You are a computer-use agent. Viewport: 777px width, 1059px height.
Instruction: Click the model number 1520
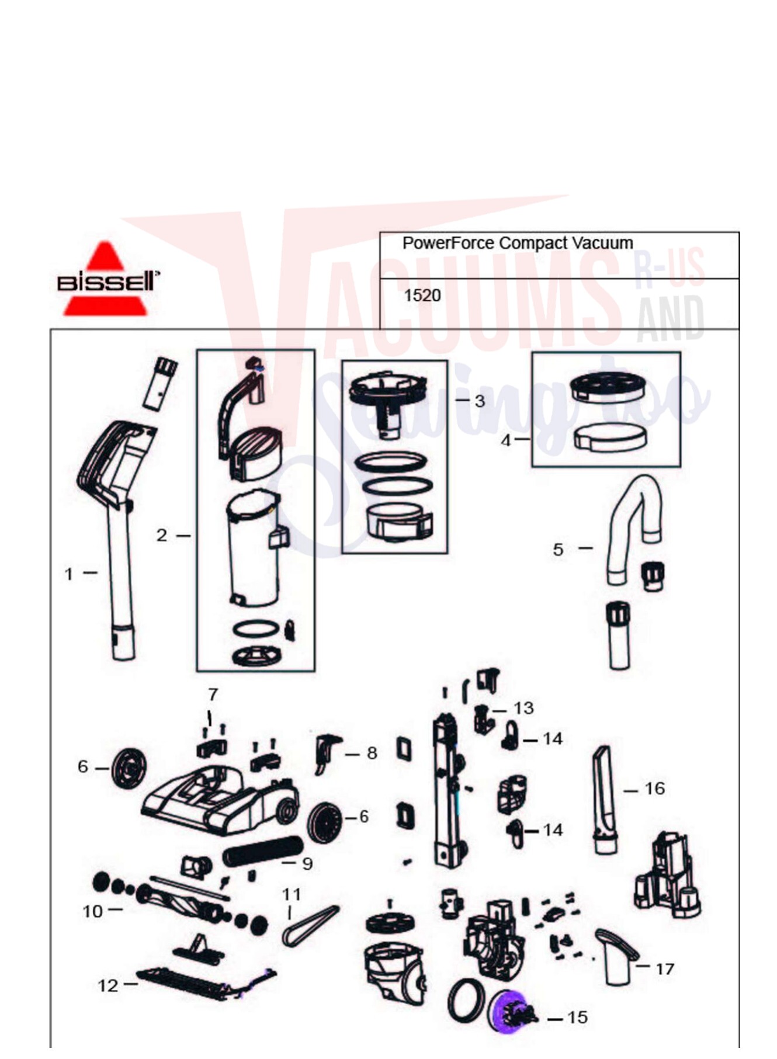[x=422, y=296]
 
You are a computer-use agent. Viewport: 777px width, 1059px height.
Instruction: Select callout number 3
[x=480, y=401]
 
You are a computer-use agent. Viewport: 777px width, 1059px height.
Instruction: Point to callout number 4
[x=506, y=440]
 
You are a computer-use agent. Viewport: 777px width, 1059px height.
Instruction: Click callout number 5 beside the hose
[x=559, y=550]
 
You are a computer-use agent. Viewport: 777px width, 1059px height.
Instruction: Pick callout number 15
[x=577, y=1018]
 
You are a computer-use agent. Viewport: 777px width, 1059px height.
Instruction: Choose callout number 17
[x=665, y=969]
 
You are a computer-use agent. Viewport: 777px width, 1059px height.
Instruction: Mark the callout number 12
[x=107, y=986]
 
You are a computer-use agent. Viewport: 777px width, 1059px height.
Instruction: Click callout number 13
[x=524, y=709]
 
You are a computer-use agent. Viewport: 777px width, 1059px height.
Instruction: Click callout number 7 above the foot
[x=213, y=695]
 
